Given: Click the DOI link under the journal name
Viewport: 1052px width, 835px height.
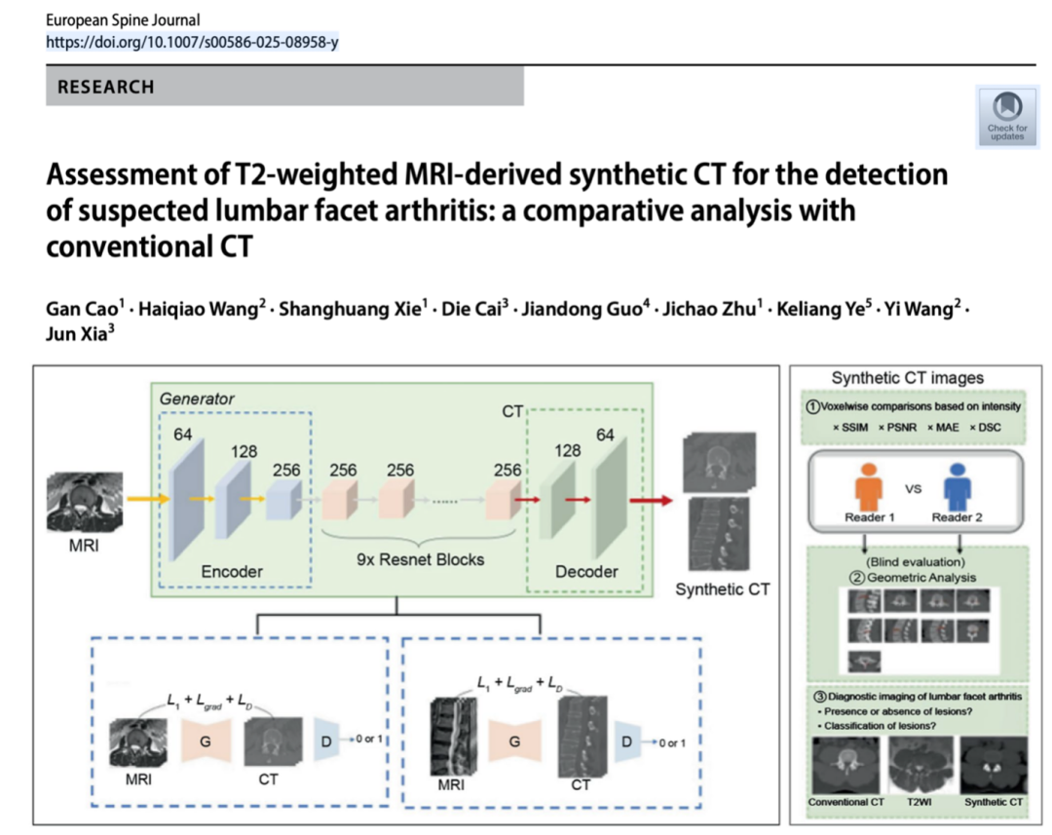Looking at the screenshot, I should pos(192,42).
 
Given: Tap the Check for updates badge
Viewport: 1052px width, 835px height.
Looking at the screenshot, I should pos(1006,116).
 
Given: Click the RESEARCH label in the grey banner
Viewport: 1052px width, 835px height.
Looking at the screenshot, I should pos(105,87).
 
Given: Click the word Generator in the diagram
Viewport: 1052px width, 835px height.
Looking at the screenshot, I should pos(197,399).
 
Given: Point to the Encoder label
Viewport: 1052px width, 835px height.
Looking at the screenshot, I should pos(232,572).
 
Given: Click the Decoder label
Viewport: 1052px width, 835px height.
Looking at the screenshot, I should pos(586,572).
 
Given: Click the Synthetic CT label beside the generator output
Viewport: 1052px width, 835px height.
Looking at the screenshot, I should pos(722,588).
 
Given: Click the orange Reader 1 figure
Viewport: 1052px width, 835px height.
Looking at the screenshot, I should pos(870,487).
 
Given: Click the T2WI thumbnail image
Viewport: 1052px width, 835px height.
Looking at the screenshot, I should pos(920,765).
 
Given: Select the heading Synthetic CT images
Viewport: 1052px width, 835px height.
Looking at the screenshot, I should pos(907,378).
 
